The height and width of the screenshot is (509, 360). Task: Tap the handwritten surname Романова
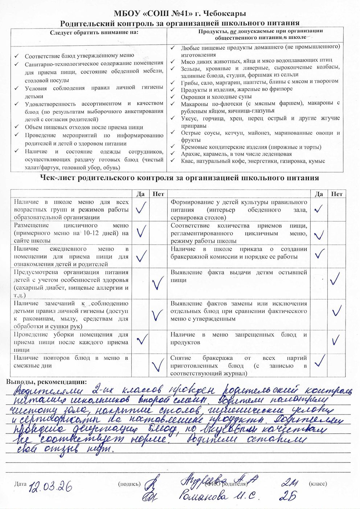click(204, 496)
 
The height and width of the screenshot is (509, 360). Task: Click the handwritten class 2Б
click(288, 496)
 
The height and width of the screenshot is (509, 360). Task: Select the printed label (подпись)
click(129, 484)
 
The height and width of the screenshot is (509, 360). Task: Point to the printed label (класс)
click(318, 484)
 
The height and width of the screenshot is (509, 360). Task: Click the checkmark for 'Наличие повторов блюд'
click(158, 365)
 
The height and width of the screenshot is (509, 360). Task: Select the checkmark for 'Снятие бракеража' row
click(319, 361)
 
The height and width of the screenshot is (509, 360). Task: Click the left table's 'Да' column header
click(140, 194)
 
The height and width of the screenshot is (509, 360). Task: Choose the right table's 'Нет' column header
click(336, 194)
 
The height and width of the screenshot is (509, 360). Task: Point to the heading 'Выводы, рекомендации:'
click(47, 382)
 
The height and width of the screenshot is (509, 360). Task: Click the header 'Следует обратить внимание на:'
click(89, 33)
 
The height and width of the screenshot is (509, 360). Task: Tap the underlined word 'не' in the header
click(238, 31)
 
